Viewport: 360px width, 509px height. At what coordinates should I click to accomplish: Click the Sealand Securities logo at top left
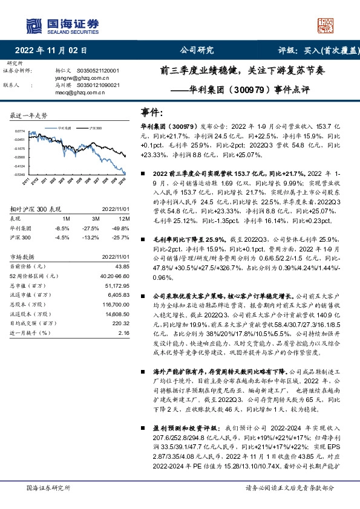point(63,25)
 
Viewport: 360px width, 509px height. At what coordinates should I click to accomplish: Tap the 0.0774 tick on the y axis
point(19,131)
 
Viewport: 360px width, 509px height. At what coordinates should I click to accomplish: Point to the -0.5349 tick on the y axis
point(19,175)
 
